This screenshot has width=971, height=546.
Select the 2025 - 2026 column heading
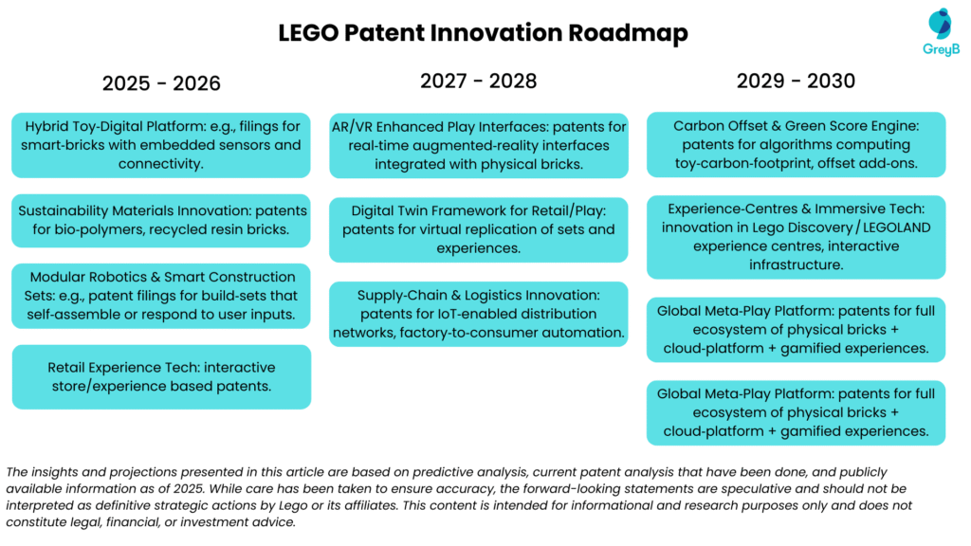[161, 83]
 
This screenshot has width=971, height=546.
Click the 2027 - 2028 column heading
[478, 82]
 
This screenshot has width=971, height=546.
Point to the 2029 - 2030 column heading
[796, 82]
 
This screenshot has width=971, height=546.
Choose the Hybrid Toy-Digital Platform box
[161, 145]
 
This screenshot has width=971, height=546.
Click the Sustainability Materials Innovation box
[161, 220]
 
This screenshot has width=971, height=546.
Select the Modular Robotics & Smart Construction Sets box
[161, 296]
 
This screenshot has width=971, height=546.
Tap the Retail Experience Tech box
[161, 376]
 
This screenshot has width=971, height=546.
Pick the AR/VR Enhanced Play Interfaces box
[478, 145]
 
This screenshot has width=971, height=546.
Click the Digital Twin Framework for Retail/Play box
[478, 229]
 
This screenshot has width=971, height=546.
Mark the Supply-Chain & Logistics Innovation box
[478, 314]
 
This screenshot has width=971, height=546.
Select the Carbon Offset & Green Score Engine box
[796, 145]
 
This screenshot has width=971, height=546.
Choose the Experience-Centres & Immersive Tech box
[796, 237]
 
